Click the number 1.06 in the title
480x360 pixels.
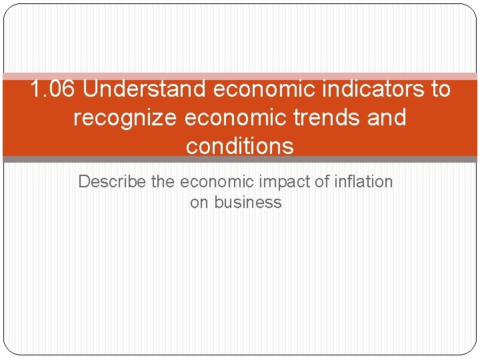[53, 89]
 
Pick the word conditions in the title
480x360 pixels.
[240, 146]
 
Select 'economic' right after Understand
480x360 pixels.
[256, 89]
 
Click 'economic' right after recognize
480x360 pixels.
[231, 117]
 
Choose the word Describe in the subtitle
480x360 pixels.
[112, 181]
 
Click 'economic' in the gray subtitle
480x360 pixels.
[213, 181]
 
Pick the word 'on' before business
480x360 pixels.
[199, 203]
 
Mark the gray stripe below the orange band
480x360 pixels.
[240, 160]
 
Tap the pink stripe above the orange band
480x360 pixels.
[240, 77]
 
